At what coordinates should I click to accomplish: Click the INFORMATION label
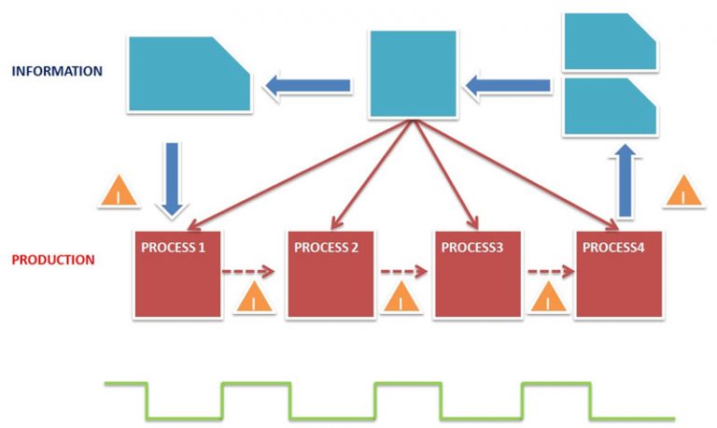click(x=57, y=71)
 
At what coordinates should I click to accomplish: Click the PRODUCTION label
click(x=53, y=260)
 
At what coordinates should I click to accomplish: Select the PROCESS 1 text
click(x=174, y=248)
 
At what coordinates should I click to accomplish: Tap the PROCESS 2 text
click(x=326, y=248)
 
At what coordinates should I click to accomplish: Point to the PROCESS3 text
click(x=471, y=248)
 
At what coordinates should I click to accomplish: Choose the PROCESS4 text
click(x=613, y=248)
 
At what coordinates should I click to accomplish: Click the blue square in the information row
click(x=413, y=74)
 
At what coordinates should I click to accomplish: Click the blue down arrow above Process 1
click(x=172, y=179)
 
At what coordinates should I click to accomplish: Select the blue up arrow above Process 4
click(x=626, y=180)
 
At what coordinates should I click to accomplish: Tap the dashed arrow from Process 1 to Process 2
click(x=247, y=271)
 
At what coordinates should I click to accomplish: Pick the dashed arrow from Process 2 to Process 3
click(x=403, y=271)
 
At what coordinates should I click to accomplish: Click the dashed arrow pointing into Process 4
click(x=551, y=271)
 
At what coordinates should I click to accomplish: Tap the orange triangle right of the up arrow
click(x=683, y=191)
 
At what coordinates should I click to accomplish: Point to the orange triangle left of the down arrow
click(x=119, y=191)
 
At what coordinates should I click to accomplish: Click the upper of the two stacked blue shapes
click(x=611, y=41)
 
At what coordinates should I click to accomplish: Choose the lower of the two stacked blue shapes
click(x=611, y=107)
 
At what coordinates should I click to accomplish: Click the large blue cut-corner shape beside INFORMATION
click(x=190, y=74)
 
